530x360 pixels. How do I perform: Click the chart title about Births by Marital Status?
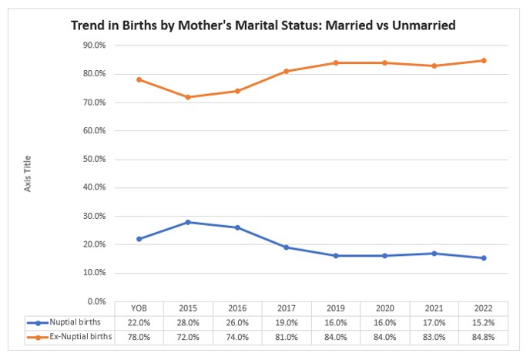point(263,25)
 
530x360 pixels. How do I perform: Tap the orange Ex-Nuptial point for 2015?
point(187,97)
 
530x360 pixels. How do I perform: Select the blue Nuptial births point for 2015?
point(187,222)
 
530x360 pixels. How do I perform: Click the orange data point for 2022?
point(484,60)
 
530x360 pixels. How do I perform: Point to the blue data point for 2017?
point(286,247)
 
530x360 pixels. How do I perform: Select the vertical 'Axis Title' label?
point(28,173)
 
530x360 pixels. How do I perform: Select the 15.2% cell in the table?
point(484,323)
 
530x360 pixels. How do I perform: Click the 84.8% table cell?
point(484,337)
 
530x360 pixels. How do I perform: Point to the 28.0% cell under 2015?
point(187,323)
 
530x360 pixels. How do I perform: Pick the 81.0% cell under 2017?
point(286,337)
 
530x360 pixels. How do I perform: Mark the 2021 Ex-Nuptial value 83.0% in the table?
point(434,337)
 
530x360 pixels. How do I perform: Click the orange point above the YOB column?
point(138,79)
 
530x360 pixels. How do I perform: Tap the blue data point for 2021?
point(434,253)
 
